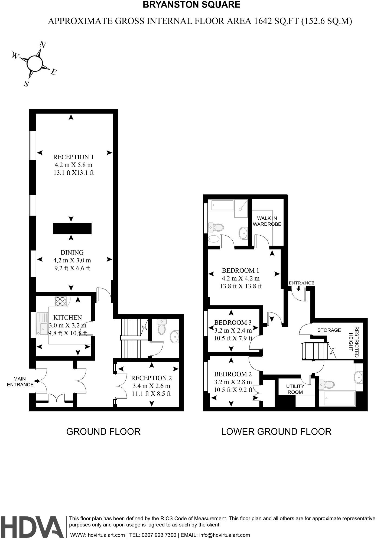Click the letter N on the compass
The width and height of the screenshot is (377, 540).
pyautogui.click(x=42, y=44)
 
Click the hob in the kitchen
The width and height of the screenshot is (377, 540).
pyautogui.click(x=61, y=301)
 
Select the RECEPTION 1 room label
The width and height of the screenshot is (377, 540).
pyautogui.click(x=73, y=157)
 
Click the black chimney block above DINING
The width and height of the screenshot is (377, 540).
pyautogui.click(x=72, y=228)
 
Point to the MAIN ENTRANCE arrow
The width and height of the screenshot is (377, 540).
pyautogui.click(x=37, y=381)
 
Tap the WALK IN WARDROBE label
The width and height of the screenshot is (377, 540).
pyautogui.click(x=267, y=221)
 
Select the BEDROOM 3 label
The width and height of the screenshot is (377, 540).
pyautogui.click(x=233, y=323)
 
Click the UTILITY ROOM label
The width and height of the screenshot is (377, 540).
pyautogui.click(x=295, y=389)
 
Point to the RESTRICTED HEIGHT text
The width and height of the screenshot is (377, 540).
pyautogui.click(x=354, y=342)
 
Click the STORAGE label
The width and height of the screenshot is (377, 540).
pyautogui.click(x=329, y=330)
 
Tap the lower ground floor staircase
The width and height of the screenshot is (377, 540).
pyautogui.click(x=315, y=351)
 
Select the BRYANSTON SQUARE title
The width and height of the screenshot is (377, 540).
pyautogui.click(x=191, y=5)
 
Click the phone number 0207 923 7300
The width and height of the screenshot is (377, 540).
pyautogui.click(x=160, y=535)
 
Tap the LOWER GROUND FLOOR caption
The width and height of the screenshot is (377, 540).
pyautogui.click(x=276, y=431)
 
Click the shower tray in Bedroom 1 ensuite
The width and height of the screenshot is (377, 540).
pyautogui.click(x=241, y=208)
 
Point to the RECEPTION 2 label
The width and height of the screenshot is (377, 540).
pyautogui.click(x=151, y=378)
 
